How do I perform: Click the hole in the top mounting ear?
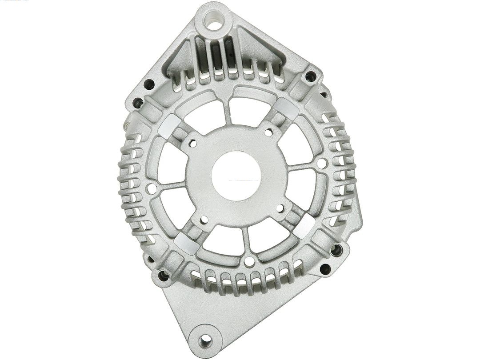(214, 21)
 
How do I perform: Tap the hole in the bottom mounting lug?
(206, 340)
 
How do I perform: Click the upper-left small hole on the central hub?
(192, 143)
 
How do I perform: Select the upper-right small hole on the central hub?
(268, 132)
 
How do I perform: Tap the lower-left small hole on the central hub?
(204, 219)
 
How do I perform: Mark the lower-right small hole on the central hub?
(280, 208)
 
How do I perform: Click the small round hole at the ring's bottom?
(249, 262)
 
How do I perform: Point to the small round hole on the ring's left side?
(151, 188)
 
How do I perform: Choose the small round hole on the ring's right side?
(322, 164)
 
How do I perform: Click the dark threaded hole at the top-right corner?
(311, 76)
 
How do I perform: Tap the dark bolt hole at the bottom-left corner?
(164, 276)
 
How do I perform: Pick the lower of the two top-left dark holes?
(138, 104)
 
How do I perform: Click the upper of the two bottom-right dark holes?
(336, 250)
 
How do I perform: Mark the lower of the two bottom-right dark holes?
(325, 268)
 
